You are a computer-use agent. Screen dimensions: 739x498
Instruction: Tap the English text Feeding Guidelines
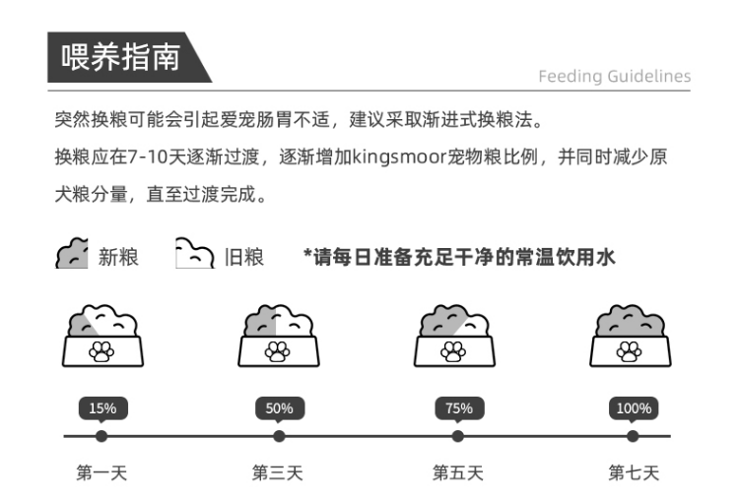click(615, 76)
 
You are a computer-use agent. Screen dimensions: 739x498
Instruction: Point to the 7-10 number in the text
click(148, 156)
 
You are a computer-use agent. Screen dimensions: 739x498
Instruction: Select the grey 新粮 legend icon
click(72, 253)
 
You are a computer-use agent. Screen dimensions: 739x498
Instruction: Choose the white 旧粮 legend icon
click(195, 253)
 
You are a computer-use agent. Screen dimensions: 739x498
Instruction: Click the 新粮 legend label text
click(118, 257)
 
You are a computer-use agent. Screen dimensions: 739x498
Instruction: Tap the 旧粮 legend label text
click(244, 257)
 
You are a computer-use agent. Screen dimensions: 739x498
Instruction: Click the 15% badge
click(102, 408)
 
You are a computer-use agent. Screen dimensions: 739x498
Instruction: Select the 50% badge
click(280, 408)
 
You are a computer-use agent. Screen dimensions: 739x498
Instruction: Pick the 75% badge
click(459, 408)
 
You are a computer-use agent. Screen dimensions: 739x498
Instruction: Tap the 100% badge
click(634, 408)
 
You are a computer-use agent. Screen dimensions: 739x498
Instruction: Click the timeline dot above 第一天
click(101, 436)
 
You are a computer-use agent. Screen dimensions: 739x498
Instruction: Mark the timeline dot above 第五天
click(457, 436)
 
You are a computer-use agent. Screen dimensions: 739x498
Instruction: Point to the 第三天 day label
click(278, 472)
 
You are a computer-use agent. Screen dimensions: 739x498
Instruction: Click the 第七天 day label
click(634, 472)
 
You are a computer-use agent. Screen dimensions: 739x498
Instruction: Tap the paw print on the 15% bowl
click(101, 351)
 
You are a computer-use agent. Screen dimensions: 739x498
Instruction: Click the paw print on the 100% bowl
click(630, 351)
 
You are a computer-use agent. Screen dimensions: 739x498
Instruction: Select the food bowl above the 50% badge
click(279, 336)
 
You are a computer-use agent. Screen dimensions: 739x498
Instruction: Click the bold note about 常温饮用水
click(459, 257)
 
